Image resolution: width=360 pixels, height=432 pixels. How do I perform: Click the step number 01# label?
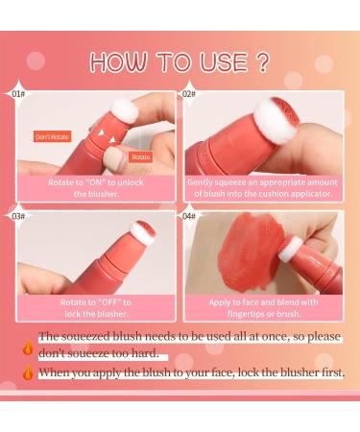[x=18, y=95]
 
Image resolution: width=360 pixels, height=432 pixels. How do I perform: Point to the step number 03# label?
[x=18, y=217]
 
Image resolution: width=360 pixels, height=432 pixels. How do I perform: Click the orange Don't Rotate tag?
[x=52, y=136]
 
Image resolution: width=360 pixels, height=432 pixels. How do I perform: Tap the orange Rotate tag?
[x=140, y=156]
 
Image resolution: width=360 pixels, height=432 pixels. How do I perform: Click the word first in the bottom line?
[x=326, y=372]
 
